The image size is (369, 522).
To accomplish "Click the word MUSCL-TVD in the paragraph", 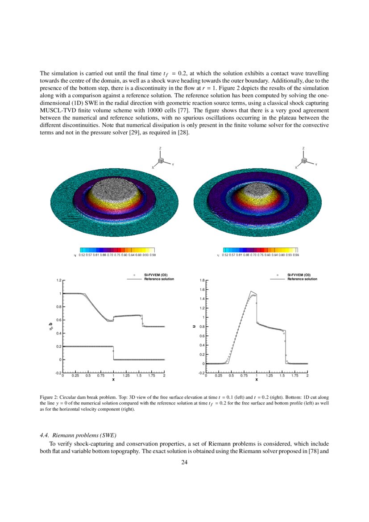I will (56, 110).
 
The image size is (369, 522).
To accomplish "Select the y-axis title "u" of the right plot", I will (194, 326).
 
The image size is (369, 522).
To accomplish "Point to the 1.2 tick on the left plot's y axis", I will (58, 280).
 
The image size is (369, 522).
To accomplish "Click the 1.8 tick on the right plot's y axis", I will (202, 280).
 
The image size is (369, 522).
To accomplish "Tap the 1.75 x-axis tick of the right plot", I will (295, 376).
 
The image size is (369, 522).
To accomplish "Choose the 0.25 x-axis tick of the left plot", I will (75, 376).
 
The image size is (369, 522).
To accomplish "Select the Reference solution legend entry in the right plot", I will (302, 279).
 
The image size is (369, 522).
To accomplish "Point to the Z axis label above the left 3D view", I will (160, 148).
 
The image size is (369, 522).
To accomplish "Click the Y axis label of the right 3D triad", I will (315, 165).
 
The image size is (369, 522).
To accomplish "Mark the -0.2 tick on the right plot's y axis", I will (201, 373).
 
